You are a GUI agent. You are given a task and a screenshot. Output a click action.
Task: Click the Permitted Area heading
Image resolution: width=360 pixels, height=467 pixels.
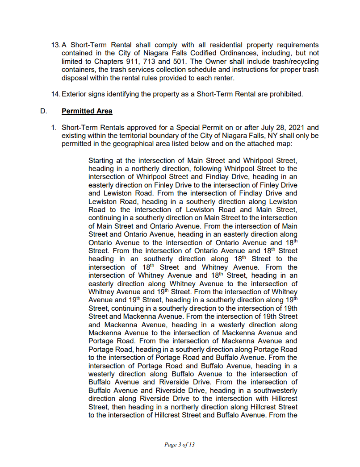87,111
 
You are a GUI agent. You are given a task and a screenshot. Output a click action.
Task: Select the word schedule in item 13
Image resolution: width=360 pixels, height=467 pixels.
193,70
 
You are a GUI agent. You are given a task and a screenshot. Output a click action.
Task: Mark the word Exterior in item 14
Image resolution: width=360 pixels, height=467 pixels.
74,94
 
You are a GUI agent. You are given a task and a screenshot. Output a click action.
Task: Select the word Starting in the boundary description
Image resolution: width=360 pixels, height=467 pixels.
101,160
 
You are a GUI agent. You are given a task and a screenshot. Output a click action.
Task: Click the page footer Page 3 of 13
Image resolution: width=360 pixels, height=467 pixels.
180,445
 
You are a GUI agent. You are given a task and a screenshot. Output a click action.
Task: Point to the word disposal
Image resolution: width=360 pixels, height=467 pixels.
75,78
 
